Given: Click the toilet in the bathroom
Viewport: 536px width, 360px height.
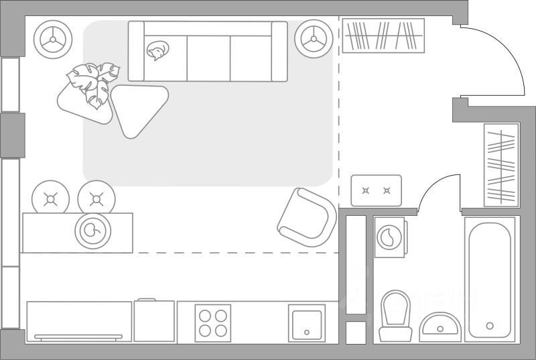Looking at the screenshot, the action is pos(394,315).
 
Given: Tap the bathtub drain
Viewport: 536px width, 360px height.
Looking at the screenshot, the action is pos(490,326).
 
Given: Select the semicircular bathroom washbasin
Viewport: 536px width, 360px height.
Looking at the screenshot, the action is pos(440,326).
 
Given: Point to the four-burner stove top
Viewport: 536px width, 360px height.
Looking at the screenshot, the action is pos(212,322).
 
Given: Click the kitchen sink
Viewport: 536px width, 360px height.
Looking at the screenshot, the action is pos(306,323).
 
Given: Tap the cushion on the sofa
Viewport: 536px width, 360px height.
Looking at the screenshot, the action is pos(158,52).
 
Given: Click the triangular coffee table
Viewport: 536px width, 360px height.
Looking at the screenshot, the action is pos(138,107).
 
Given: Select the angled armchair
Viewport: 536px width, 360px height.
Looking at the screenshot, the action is pos(307,218).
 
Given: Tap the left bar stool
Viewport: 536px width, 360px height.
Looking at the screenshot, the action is pos(51,198).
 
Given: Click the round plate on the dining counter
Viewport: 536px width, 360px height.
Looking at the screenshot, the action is pos(94,231).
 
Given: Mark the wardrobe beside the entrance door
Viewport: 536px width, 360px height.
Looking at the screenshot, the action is pos(383,36).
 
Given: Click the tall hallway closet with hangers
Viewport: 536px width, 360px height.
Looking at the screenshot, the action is pos(501,164).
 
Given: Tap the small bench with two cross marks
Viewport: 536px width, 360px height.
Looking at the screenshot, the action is pos(376,190).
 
